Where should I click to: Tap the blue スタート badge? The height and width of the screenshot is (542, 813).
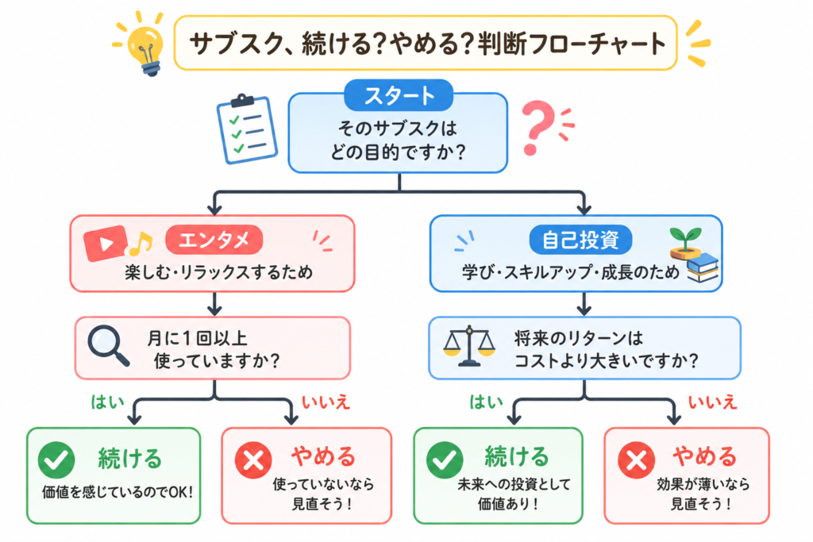tap(399, 95)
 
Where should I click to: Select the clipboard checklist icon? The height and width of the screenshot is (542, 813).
tap(246, 129)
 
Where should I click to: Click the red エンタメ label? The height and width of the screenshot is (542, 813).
tap(214, 240)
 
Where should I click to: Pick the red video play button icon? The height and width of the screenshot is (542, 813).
tap(106, 243)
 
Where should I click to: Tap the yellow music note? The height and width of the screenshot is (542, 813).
tap(141, 244)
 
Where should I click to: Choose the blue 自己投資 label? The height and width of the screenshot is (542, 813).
tap(580, 240)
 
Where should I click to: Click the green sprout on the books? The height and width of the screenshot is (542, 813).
tap(685, 239)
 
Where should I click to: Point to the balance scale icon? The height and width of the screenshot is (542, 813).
tap(469, 346)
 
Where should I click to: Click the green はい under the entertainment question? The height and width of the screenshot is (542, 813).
tap(108, 402)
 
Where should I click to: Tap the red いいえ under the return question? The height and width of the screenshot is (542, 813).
tap(712, 402)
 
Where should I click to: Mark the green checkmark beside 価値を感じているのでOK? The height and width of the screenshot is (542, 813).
tap(56, 460)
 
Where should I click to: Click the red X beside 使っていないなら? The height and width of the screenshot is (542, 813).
tap(253, 460)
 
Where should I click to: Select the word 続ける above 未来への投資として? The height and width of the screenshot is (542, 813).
tap(516, 457)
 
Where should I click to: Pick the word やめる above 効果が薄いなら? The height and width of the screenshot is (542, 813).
tap(705, 457)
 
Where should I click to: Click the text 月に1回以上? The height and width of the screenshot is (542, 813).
tap(197, 338)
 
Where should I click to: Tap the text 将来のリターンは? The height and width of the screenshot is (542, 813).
tap(579, 338)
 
